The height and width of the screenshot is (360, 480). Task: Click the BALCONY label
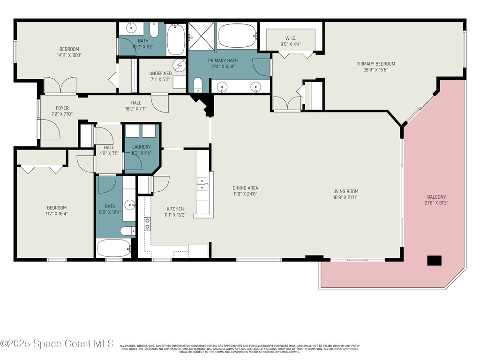point(436,197)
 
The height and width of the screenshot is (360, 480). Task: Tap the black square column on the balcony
point(435,261)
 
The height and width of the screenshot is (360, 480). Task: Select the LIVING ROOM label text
point(345,191)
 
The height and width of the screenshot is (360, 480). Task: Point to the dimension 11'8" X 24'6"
point(246,194)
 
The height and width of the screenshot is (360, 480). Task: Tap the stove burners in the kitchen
point(147,224)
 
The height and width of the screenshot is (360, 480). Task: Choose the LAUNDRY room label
point(141,147)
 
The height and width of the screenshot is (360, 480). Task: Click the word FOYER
point(62,108)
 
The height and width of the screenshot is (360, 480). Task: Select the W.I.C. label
point(291,38)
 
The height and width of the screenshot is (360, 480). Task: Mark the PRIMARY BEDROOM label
point(375,64)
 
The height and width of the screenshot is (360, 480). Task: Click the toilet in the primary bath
point(197,85)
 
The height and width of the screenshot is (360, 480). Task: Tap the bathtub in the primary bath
point(237,36)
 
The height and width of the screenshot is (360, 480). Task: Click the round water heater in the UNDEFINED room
point(179,65)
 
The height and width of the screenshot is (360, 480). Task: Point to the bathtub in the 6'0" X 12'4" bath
point(113,248)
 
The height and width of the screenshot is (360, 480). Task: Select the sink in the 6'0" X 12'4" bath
point(130,204)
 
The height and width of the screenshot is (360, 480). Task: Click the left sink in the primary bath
point(222,86)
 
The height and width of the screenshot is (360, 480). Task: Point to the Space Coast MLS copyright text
point(57,344)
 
